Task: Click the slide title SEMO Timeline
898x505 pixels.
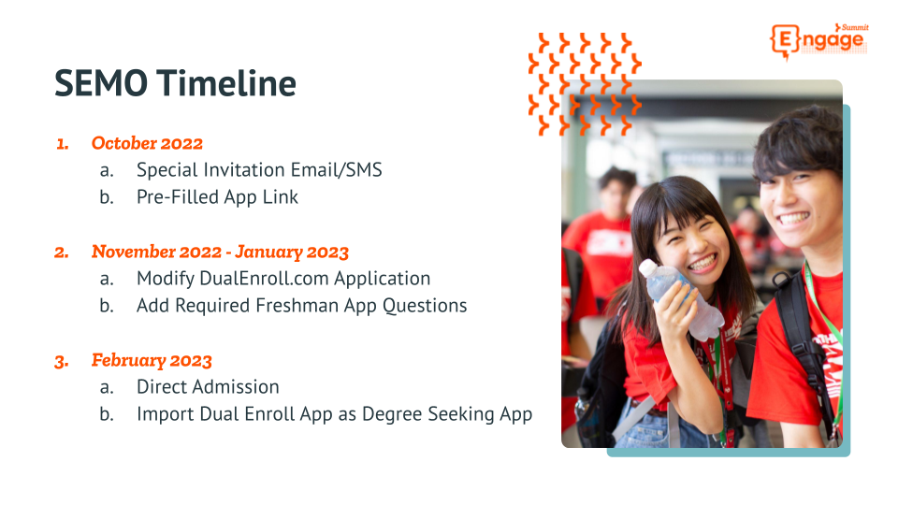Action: point(175,84)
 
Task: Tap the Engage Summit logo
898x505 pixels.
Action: point(818,40)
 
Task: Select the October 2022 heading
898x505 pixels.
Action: point(147,143)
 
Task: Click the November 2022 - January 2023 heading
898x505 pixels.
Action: point(220,252)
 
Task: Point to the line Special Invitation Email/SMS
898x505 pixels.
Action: point(259,170)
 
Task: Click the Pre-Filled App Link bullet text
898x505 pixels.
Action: point(217,197)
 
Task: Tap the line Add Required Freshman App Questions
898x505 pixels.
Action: point(301,306)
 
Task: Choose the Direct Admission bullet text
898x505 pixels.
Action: point(208,387)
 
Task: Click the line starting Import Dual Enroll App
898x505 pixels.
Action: point(334,414)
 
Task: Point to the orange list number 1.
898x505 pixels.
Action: point(63,144)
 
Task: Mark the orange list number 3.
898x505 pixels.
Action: point(62,361)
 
